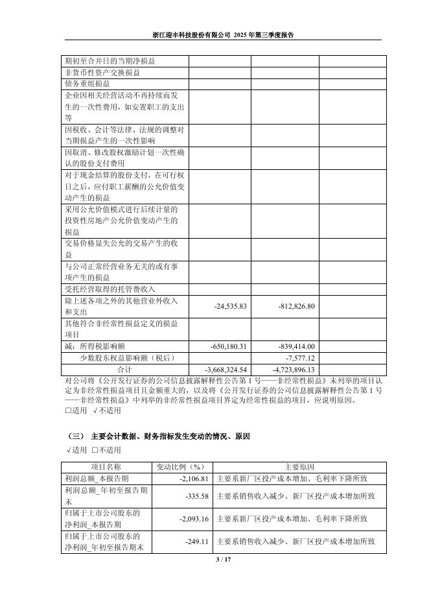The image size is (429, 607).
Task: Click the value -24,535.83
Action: (x=231, y=306)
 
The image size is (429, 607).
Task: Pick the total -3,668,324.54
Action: (x=226, y=370)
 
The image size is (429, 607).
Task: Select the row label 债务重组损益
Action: (x=87, y=84)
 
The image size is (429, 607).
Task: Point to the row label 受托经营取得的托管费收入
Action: (x=109, y=289)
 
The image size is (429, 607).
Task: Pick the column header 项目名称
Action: (x=106, y=467)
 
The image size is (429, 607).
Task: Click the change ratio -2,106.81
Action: (x=192, y=479)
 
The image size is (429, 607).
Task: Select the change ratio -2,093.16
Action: (x=192, y=519)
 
